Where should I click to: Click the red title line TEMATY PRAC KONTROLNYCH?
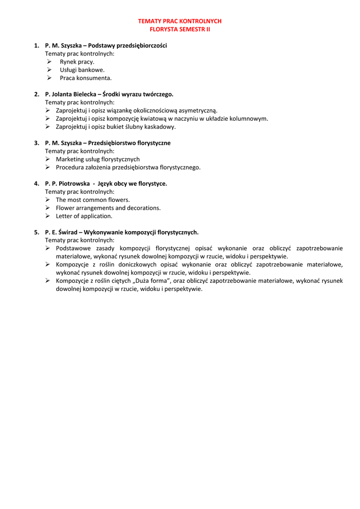click(180, 21)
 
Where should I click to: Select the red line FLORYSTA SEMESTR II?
click(180, 29)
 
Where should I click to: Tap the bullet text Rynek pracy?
click(77, 62)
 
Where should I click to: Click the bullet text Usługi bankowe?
click(82, 70)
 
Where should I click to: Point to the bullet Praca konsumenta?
click(86, 78)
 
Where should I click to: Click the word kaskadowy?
click(160, 127)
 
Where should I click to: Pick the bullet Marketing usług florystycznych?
click(97, 159)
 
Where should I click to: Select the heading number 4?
click(36, 183)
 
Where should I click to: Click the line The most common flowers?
click(92, 200)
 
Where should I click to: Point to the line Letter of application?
click(84, 216)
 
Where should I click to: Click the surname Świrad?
click(67, 232)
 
